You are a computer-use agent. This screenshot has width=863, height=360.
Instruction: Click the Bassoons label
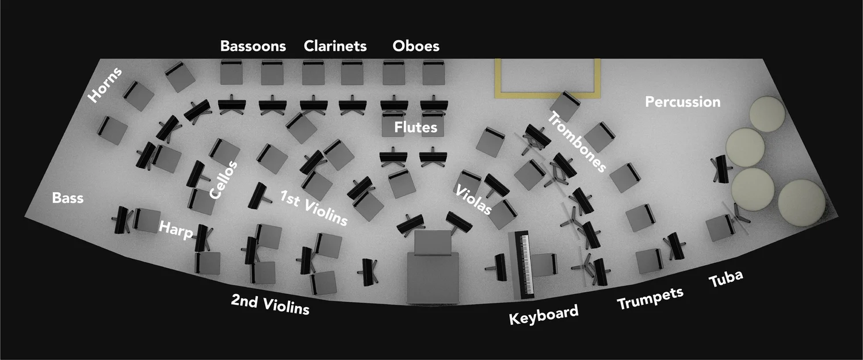pyautogui.click(x=253, y=47)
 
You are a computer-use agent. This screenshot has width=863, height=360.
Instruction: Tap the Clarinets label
pyautogui.click(x=335, y=46)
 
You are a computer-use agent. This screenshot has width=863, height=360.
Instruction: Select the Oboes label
pyautogui.click(x=416, y=46)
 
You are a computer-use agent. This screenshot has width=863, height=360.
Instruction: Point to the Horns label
pyautogui.click(x=105, y=86)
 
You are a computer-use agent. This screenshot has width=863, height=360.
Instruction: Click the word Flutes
pyautogui.click(x=415, y=128)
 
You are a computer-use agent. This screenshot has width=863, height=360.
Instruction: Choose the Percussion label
pyautogui.click(x=682, y=102)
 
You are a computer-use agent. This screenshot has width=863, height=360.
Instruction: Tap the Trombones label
pyautogui.click(x=577, y=143)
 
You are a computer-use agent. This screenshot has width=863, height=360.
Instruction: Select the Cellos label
pyautogui.click(x=223, y=180)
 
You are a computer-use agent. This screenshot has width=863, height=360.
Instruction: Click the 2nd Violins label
pyautogui.click(x=270, y=305)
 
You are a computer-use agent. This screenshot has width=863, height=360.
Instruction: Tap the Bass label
pyautogui.click(x=68, y=198)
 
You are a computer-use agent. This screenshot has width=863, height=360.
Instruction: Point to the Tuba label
pyautogui.click(x=726, y=279)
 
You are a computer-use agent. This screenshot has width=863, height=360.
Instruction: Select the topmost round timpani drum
pyautogui.click(x=767, y=113)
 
